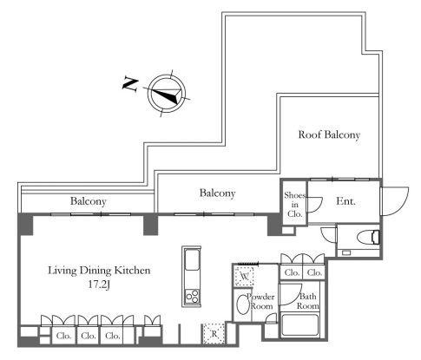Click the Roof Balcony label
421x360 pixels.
pos(329,134)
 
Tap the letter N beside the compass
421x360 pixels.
pos(130,84)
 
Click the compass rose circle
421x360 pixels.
pos(167,94)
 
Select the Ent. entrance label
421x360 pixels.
pos(345,201)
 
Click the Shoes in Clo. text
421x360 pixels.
pos(295,205)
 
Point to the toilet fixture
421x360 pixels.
pos(368,238)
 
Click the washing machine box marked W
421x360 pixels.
pos(244,277)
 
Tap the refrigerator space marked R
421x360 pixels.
pos(214,334)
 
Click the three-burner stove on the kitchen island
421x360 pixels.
pos(192,296)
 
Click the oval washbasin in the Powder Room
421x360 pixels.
pos(242,304)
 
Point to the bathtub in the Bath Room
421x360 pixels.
pos(299,325)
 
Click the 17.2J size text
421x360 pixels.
pos(99,285)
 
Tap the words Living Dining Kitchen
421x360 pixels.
pos(99,271)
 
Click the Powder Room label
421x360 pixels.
pos(260,301)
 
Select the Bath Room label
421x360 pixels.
pos(308,301)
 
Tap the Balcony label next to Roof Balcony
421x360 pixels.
pos(217,193)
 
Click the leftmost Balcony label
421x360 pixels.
pos(89,201)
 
